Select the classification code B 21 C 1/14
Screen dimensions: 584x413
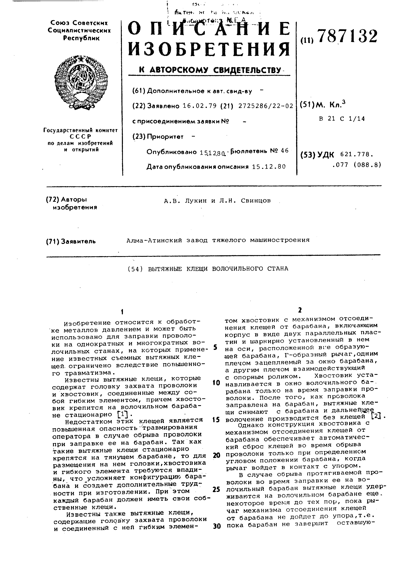pyautogui.click(x=342, y=119)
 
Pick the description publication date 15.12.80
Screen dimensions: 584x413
pyautogui.click(x=269, y=167)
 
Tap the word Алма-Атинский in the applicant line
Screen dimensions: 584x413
pyautogui.click(x=154, y=240)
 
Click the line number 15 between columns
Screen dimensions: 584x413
pyautogui.click(x=216, y=419)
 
